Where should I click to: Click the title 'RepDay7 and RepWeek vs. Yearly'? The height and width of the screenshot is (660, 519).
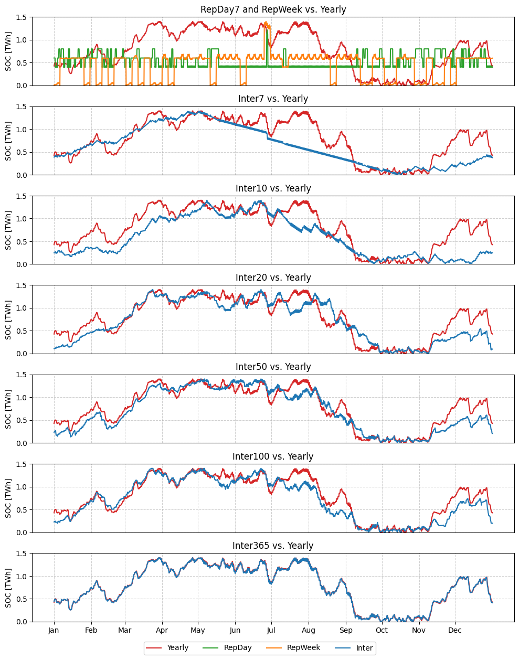pos(273,9)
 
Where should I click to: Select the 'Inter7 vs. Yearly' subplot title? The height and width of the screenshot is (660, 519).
pos(273,99)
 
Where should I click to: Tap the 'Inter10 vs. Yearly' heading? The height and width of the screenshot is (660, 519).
pos(273,188)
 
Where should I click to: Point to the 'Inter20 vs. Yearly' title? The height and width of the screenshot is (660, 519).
pos(273,278)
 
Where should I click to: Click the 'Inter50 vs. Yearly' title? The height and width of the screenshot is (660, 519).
pos(273,367)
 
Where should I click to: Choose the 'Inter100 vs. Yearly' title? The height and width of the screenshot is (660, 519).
pos(273,456)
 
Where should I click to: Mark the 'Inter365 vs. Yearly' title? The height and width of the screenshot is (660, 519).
pos(273,546)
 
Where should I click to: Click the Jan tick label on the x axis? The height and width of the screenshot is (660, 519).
pos(54,630)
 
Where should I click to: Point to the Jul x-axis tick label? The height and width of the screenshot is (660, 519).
pos(271,630)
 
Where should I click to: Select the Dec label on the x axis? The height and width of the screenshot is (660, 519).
pos(455,630)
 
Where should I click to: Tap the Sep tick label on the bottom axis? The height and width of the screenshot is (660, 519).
pos(346,630)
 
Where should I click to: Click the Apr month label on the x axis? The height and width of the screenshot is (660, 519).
pos(162,630)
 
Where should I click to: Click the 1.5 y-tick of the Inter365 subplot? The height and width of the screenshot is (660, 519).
pos(21,553)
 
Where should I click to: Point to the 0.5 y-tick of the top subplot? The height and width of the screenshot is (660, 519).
pos(21,63)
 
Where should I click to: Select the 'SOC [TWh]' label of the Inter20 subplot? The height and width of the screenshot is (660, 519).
pos(8,320)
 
